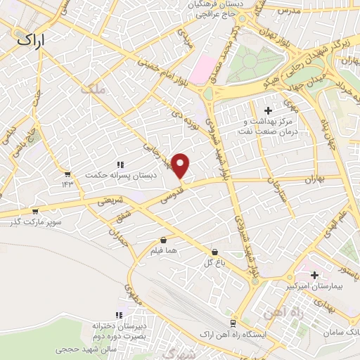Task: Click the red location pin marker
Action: pos(181,166)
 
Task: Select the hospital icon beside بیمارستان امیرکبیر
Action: pos(314,274)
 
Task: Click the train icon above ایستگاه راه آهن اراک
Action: pos(232,322)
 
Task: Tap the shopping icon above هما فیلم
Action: pos(163,240)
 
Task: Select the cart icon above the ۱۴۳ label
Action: pos(67,174)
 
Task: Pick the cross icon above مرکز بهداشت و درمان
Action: pos(267,110)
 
